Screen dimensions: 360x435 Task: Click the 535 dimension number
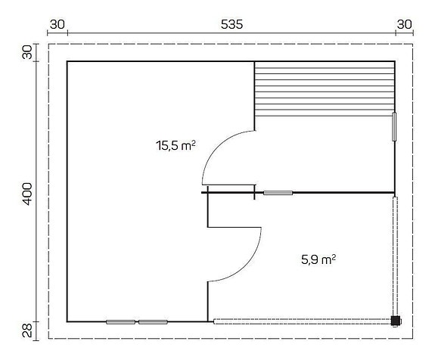click(231, 24)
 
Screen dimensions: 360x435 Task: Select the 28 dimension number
click(27, 330)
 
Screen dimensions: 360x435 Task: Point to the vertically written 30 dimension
click(27, 52)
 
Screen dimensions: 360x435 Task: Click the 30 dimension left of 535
click(57, 24)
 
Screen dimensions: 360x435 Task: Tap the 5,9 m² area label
click(315, 259)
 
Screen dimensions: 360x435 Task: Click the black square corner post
click(394, 320)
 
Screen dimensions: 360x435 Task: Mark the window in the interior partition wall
click(278, 193)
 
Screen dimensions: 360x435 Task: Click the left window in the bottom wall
click(120, 321)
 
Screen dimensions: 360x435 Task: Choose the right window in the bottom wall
click(153, 321)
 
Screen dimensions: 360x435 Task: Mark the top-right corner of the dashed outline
click(415, 44)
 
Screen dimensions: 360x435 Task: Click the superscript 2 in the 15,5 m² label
click(194, 141)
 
